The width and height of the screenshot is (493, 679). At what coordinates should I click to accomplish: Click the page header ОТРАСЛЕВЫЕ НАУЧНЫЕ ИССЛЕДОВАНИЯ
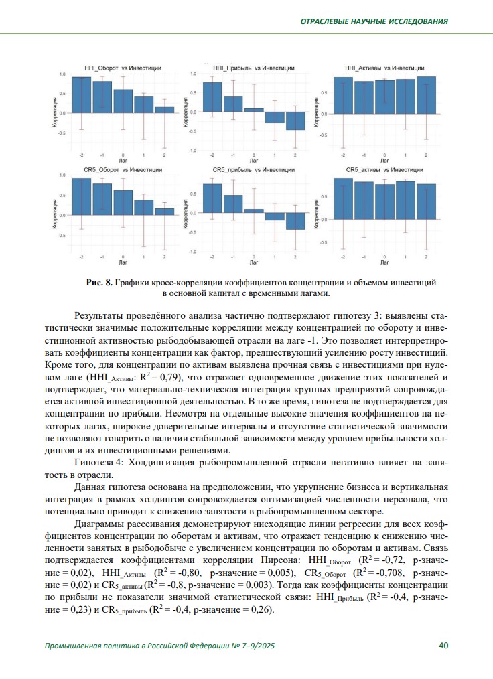tap(374, 21)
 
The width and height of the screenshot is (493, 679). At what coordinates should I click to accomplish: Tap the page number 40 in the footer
tap(443, 646)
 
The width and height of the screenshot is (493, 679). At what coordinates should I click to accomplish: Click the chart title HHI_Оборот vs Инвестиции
tap(123, 68)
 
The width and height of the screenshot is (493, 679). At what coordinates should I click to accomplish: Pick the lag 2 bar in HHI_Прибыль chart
tap(295, 121)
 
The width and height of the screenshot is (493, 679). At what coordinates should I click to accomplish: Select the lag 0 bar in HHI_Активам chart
tap(384, 96)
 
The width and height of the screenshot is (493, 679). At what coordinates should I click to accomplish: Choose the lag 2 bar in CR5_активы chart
tap(426, 201)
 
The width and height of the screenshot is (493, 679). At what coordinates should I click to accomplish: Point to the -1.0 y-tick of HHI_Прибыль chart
tap(194, 151)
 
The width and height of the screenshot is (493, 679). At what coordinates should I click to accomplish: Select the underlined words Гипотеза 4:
tap(101, 463)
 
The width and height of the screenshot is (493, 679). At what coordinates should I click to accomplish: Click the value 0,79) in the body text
tap(172, 378)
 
